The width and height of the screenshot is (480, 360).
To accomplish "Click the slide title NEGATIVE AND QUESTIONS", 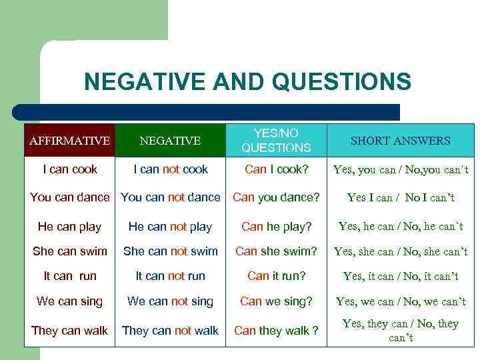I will click(247, 82).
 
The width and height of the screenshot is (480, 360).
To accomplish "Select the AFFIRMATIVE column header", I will click(69, 141).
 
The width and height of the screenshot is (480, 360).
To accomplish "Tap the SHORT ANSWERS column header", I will click(400, 141).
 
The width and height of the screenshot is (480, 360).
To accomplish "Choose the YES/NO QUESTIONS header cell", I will click(276, 141).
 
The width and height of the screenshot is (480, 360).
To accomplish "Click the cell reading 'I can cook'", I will click(70, 169).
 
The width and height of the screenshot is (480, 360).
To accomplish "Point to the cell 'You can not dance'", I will click(171, 197).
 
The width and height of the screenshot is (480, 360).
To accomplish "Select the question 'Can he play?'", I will click(276, 227).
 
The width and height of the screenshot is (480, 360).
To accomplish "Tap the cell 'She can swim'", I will click(69, 251).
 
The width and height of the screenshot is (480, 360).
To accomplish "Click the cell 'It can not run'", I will click(171, 276).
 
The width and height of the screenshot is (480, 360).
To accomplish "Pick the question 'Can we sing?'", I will click(276, 301).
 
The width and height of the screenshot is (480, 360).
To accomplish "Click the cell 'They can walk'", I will click(69, 331).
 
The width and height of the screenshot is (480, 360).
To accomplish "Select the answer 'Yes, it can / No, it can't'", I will click(401, 276).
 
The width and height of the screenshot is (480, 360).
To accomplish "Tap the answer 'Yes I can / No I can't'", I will click(401, 197).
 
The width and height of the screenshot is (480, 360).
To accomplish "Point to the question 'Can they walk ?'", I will click(276, 331).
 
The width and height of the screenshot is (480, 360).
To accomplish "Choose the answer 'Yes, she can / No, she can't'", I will click(401, 251).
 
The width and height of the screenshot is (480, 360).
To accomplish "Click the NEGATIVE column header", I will click(170, 141).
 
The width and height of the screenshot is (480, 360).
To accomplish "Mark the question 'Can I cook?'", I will click(276, 169).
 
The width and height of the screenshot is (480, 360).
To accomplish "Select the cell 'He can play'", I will click(69, 227).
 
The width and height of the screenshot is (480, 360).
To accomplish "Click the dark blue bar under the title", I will click(207, 112).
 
